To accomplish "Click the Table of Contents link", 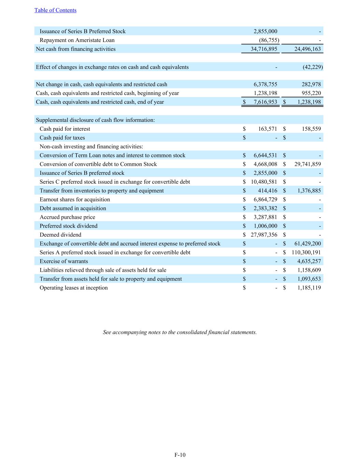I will (x=55, y=10).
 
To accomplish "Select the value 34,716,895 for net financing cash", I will (x=264, y=49).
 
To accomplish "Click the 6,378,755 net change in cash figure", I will (x=265, y=84).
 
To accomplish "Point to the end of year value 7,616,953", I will (x=265, y=102).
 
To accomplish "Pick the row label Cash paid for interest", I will (x=65, y=129).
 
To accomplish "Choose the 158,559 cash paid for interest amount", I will (x=311, y=129).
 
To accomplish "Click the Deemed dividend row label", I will (x=60, y=235).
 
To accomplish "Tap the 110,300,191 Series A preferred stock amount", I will (x=306, y=253).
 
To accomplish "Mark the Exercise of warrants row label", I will (x=64, y=262).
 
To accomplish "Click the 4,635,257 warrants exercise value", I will (x=309, y=262).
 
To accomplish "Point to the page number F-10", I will (x=180, y=455).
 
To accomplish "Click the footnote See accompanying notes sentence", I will (x=180, y=332).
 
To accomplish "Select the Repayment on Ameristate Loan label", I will (x=77, y=40).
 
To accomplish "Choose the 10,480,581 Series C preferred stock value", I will (x=264, y=182).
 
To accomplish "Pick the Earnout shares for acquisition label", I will (x=75, y=200).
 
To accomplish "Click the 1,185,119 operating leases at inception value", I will (x=309, y=288).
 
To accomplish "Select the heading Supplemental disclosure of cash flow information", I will (x=95, y=120).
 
